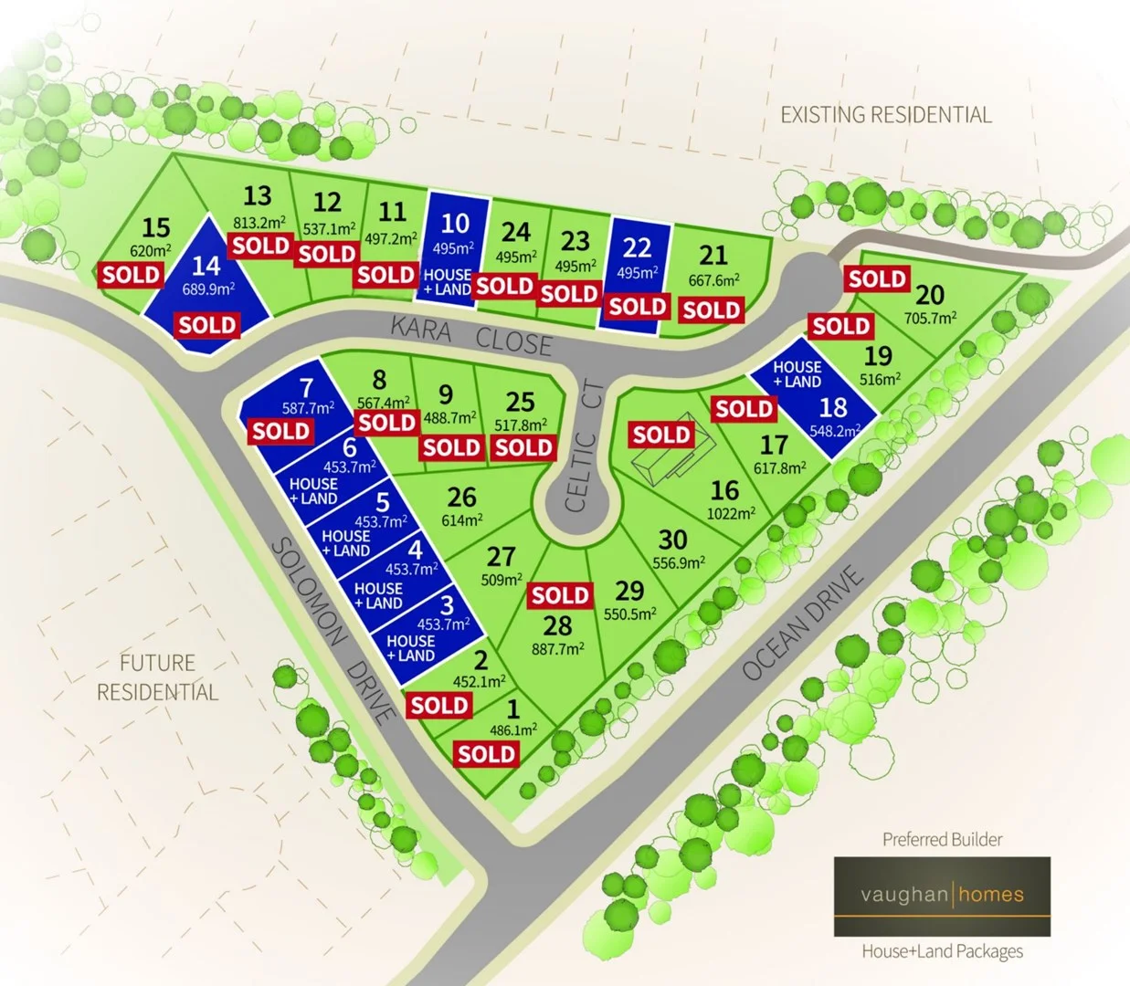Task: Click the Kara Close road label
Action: [471, 335]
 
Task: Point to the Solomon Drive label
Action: [334, 630]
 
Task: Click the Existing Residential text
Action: [885, 115]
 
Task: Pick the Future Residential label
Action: [157, 677]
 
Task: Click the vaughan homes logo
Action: [942, 896]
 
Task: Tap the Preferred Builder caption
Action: [942, 839]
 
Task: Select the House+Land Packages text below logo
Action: [942, 951]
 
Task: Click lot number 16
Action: [724, 490]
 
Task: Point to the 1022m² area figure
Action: [731, 513]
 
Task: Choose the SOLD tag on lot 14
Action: [207, 325]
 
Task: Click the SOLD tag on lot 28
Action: [560, 595]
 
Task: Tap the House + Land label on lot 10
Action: [448, 282]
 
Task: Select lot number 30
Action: [672, 540]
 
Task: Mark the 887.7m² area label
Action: [557, 649]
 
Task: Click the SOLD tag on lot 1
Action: [487, 753]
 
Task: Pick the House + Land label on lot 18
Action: [797, 374]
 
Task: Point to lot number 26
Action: [461, 497]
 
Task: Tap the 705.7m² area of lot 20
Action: [930, 319]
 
